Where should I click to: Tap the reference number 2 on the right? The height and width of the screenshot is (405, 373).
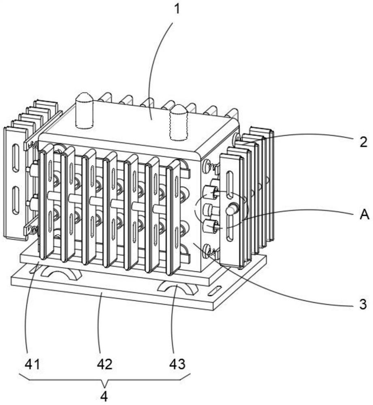pyautogui.click(x=363, y=142)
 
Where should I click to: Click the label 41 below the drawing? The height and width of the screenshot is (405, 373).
pyautogui.click(x=32, y=364)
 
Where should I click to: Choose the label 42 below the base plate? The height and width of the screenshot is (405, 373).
pyautogui.click(x=104, y=364)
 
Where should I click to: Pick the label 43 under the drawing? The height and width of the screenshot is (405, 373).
pyautogui.click(x=177, y=364)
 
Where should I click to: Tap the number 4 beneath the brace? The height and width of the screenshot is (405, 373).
pyautogui.click(x=104, y=396)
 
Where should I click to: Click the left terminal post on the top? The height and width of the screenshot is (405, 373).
pyautogui.click(x=84, y=106)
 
